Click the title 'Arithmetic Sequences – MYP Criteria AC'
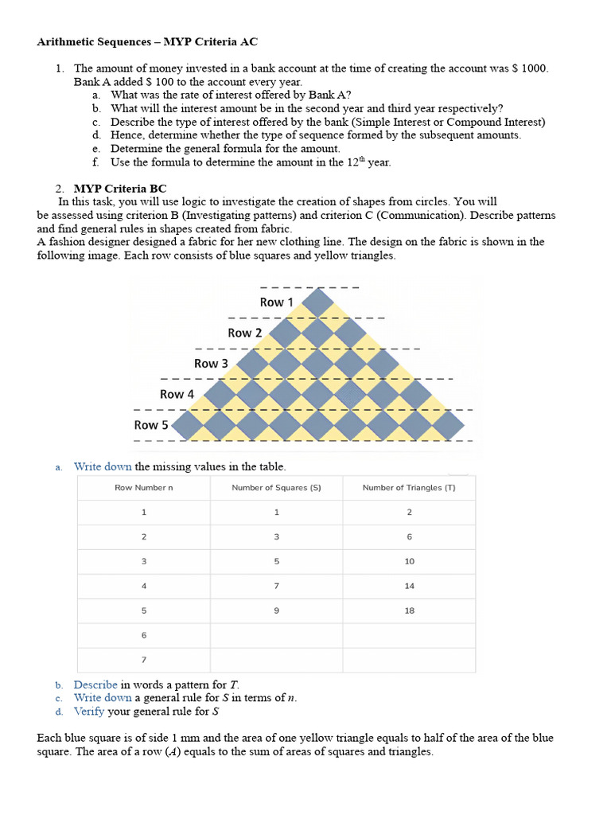147,41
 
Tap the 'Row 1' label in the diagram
276,302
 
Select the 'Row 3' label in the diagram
211,364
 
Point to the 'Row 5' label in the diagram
151,425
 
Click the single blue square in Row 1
319,302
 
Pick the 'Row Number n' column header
143,488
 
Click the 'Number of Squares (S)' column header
276,488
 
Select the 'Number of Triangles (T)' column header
409,488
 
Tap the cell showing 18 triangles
409,610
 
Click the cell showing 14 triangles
409,586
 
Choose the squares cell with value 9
276,610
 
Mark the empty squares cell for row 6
276,635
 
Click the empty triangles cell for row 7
409,660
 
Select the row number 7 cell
143,660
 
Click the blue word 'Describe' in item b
95,684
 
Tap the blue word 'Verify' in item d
89,712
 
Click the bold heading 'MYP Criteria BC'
120,189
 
